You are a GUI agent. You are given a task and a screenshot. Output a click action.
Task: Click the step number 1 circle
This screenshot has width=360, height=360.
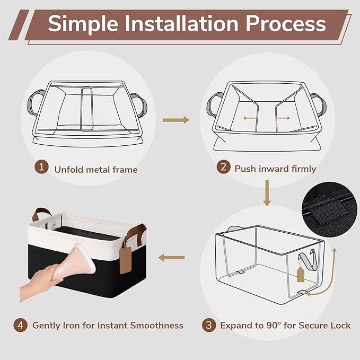tap(41, 166)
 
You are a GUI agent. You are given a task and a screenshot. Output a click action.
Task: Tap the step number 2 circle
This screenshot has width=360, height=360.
tap(223, 166)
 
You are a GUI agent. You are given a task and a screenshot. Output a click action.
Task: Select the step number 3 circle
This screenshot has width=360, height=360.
tap(209, 325)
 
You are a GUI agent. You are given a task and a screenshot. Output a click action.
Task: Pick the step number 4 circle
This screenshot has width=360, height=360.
tap(21, 325)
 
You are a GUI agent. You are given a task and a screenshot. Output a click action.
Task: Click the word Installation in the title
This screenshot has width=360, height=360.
tap(182, 24)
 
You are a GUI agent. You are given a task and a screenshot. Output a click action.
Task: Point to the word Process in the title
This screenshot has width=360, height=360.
tap(286, 24)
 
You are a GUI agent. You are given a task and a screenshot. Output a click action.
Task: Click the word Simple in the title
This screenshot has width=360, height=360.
tap(83, 24)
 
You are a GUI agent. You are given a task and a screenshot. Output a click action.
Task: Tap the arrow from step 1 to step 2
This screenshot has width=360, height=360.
tap(176, 120)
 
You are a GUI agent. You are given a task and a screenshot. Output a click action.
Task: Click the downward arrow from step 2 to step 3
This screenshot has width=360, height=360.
tap(267, 193)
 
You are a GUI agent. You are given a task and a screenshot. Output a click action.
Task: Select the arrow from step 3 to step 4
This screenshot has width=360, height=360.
tap(171, 258)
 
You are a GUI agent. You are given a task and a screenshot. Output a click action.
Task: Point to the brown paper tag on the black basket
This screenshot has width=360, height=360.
tap(126, 260)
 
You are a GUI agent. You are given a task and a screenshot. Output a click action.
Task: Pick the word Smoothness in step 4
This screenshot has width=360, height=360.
tap(157, 326)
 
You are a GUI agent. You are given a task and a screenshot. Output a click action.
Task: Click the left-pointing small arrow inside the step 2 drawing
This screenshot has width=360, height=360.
tap(250, 118)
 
